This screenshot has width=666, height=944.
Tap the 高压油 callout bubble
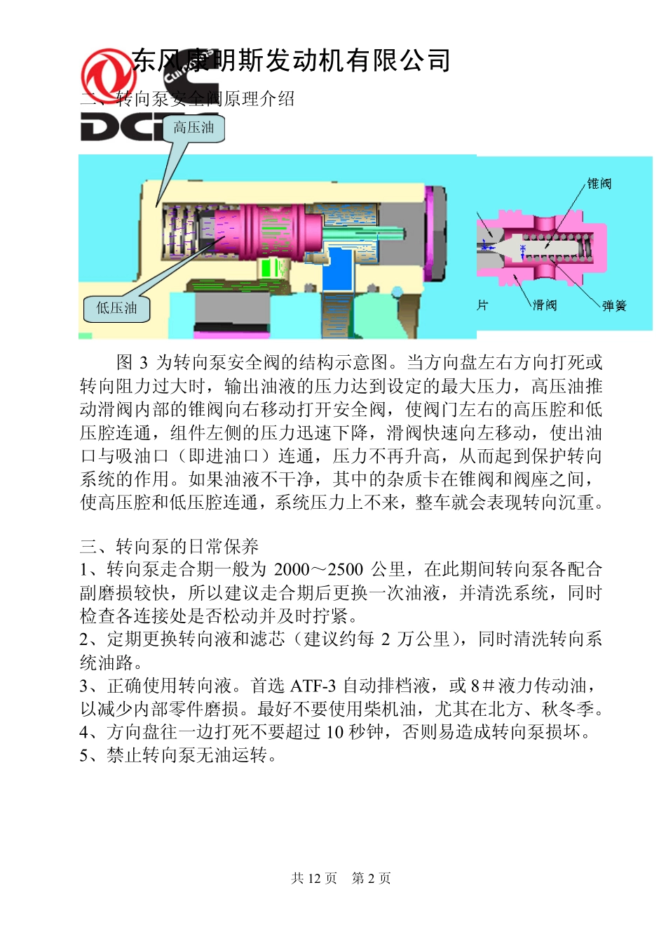(193, 128)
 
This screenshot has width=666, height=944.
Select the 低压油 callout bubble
(116, 308)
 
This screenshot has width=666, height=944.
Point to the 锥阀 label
(599, 184)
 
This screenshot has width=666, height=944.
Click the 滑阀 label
(545, 305)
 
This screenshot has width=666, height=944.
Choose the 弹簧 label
(614, 305)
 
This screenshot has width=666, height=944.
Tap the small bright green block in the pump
(271, 267)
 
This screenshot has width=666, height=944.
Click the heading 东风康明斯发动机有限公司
(291, 61)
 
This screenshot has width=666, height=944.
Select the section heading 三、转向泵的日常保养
(169, 546)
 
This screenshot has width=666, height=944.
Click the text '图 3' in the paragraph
(132, 362)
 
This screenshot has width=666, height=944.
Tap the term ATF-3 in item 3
(313, 686)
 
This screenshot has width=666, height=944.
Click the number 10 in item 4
(335, 732)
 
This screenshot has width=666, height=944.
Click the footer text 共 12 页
(314, 878)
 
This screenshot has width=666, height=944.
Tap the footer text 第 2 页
(371, 878)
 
